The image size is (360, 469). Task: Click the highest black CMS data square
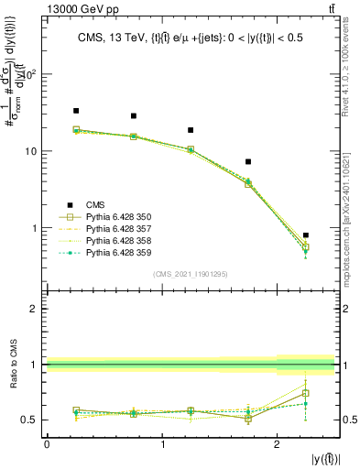[x=76, y=111]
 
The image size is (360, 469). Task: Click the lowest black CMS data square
[x=306, y=235]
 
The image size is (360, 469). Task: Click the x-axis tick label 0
[x=47, y=444]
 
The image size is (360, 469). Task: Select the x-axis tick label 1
[x=162, y=444]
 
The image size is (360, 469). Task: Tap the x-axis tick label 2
[x=278, y=444]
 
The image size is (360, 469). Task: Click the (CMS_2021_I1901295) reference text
[x=191, y=274]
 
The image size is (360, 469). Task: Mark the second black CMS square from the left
[x=134, y=116]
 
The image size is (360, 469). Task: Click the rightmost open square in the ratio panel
[x=306, y=393]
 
